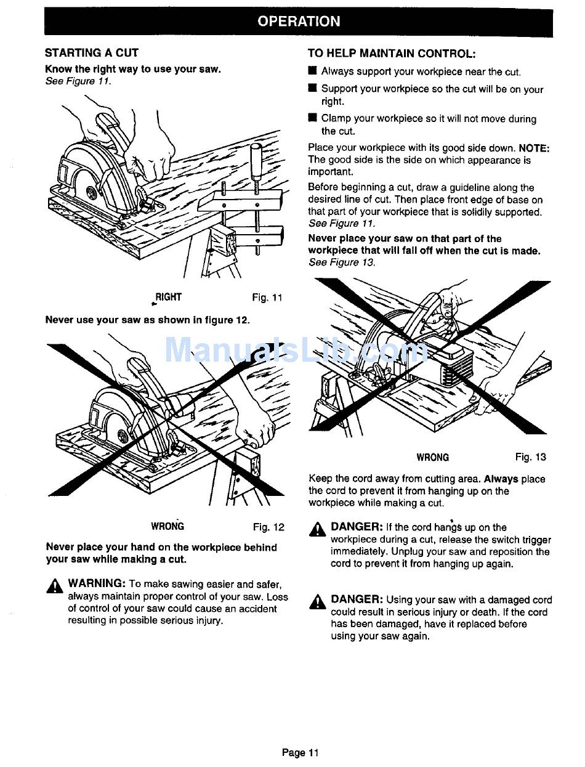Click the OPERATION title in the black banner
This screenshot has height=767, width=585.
(298, 22)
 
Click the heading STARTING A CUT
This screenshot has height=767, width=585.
(92, 53)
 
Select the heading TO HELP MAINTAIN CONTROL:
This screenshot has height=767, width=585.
(392, 54)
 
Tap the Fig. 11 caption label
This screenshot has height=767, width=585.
(267, 298)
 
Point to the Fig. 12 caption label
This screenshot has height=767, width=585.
(268, 527)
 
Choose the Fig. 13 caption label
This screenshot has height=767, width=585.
(531, 457)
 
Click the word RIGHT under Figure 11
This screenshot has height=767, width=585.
(168, 298)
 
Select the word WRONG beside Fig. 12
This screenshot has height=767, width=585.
(167, 527)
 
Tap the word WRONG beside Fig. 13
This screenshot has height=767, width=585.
(433, 457)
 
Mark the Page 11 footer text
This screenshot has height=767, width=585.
(301, 752)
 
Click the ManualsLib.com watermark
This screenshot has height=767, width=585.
(296, 351)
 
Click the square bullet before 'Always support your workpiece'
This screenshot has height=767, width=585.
(312, 71)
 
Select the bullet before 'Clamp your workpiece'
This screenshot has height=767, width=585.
(312, 118)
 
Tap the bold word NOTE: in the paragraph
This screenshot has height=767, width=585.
(534, 148)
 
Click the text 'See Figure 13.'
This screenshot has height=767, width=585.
(342, 262)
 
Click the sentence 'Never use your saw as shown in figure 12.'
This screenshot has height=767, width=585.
(148, 320)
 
